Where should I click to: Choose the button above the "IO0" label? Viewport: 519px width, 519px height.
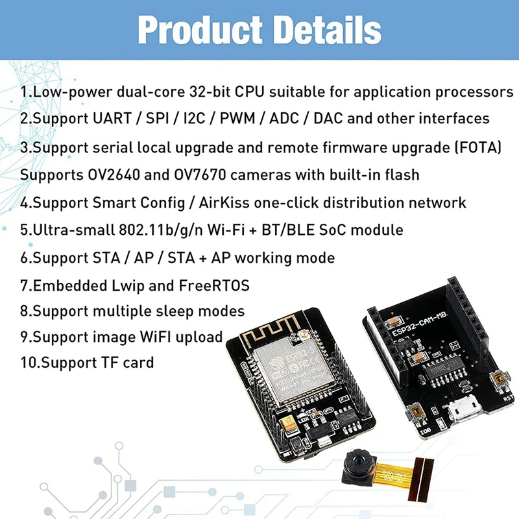coord(415,412)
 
